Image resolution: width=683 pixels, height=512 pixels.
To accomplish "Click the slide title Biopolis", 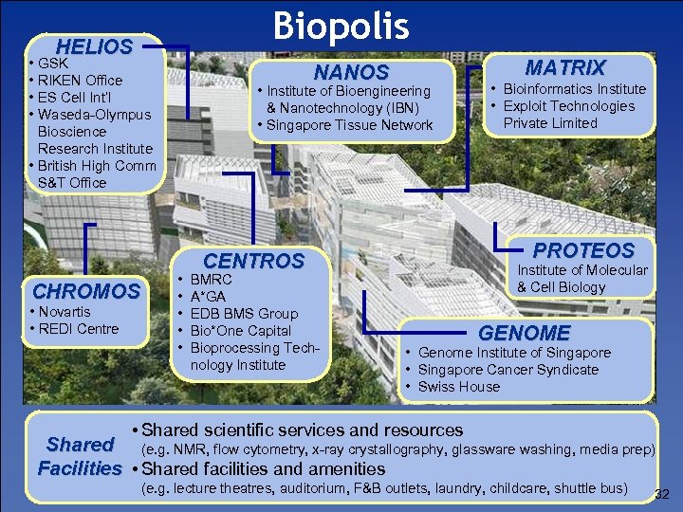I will point(341,26).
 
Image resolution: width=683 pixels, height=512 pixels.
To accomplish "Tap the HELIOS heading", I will point(94,46).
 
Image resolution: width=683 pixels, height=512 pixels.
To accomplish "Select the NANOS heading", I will point(351,72).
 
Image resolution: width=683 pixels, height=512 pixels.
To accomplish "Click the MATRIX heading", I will point(565,67).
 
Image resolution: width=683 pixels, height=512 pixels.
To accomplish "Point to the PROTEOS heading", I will point(583,250).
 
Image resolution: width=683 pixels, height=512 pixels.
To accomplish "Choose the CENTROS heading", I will point(254,261).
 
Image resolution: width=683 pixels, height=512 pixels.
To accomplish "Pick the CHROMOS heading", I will point(86,291).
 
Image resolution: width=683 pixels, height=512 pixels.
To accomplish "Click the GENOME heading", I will point(524,333).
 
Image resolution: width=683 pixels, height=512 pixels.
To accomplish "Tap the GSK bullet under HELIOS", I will point(52,64).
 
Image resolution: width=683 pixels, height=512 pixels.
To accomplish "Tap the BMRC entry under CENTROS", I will point(212,280).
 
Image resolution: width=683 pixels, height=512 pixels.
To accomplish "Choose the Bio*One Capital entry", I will point(241,331).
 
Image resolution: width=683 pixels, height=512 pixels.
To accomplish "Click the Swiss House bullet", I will point(458,387).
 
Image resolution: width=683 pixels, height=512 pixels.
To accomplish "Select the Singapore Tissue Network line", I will point(350,125).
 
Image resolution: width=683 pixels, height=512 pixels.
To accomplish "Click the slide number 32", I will point(662,494).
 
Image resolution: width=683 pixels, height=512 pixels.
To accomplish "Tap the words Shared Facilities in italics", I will point(80,456).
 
